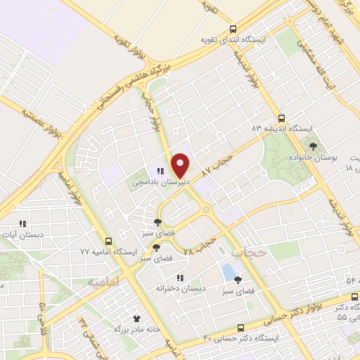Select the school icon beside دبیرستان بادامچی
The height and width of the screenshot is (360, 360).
[160, 170]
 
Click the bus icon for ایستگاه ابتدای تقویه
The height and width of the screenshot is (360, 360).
[233, 29]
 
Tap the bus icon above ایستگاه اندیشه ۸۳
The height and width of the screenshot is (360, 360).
[281, 118]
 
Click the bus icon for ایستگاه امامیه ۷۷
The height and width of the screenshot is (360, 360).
[108, 240]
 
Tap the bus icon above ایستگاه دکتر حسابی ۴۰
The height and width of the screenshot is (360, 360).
[240, 328]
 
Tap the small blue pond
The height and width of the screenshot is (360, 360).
[228, 269]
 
